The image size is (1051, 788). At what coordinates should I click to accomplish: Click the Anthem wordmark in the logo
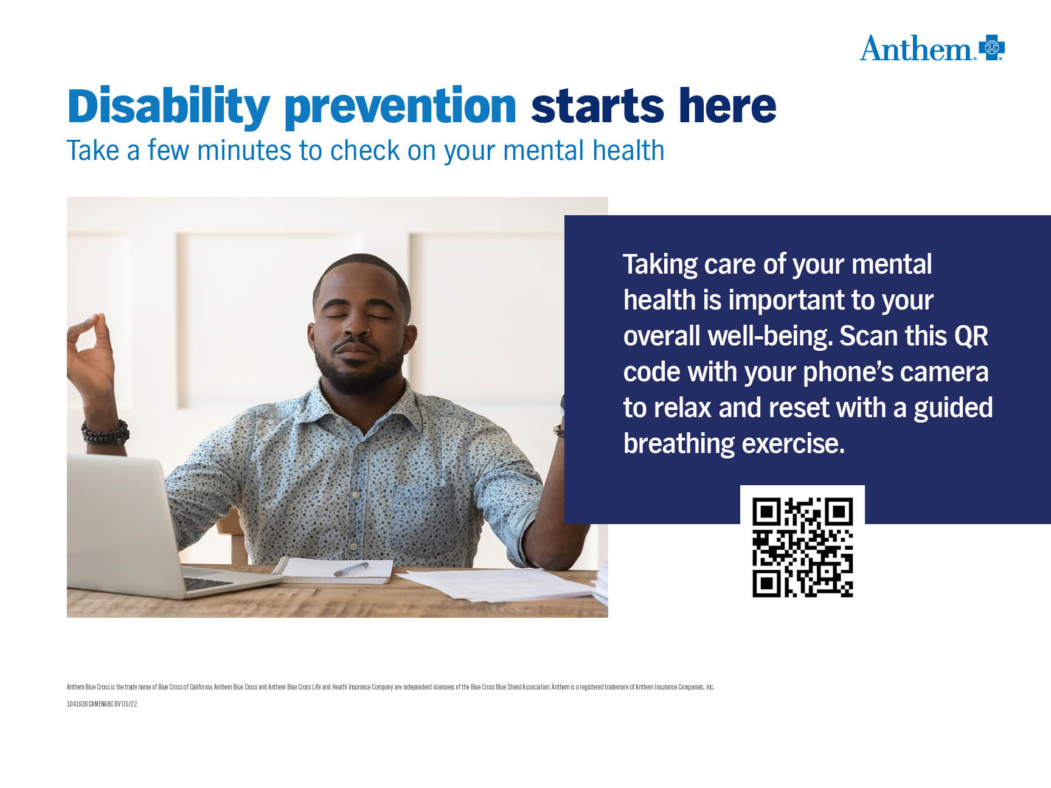[917, 49]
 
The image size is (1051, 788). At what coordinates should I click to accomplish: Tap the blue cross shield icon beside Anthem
[991, 47]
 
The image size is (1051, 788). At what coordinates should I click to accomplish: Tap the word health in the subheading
[628, 150]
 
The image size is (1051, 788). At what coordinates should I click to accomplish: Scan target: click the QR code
[802, 547]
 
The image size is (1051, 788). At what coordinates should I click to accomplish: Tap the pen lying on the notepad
[351, 569]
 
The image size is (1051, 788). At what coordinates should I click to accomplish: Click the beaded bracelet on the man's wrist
[105, 432]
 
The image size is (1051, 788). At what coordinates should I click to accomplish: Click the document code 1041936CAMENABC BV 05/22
[102, 704]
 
